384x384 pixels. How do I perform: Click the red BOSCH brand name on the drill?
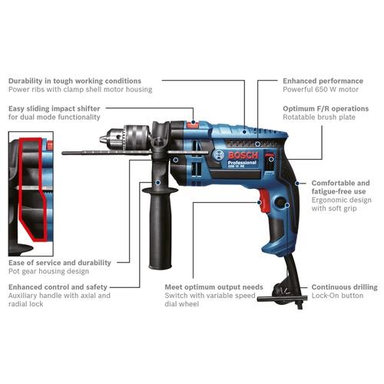click(x=243, y=155)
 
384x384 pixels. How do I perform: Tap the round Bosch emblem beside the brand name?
click(x=218, y=155)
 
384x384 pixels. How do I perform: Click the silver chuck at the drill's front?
click(x=124, y=138)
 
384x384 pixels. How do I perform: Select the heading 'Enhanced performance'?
click(x=323, y=81)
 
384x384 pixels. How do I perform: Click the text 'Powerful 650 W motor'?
click(x=320, y=89)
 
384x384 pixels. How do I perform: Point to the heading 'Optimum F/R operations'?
click(x=326, y=108)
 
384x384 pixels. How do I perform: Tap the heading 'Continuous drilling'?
click(x=344, y=287)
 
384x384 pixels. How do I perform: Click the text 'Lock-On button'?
click(x=337, y=296)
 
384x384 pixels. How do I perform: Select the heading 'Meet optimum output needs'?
click(x=214, y=287)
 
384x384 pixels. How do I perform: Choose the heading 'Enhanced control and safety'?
click(x=58, y=287)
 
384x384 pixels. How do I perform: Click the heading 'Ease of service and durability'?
click(x=60, y=263)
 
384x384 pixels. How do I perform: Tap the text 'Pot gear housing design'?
click(x=48, y=271)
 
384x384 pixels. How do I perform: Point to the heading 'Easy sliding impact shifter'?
click(x=54, y=108)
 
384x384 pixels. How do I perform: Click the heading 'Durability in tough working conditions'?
click(x=74, y=81)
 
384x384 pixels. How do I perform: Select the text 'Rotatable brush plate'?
click(x=319, y=117)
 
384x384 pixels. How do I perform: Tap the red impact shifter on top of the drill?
click(x=193, y=124)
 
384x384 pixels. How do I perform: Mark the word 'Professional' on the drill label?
click(x=242, y=163)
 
